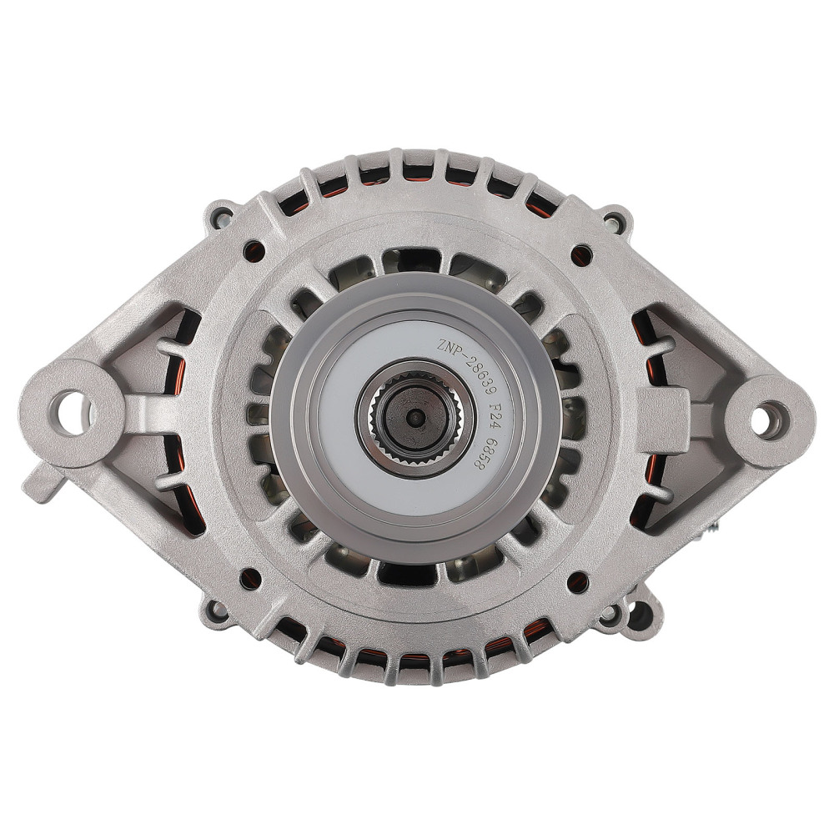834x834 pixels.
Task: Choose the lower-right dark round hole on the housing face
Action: pos(576,580)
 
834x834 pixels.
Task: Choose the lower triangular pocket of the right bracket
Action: pos(667,492)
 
